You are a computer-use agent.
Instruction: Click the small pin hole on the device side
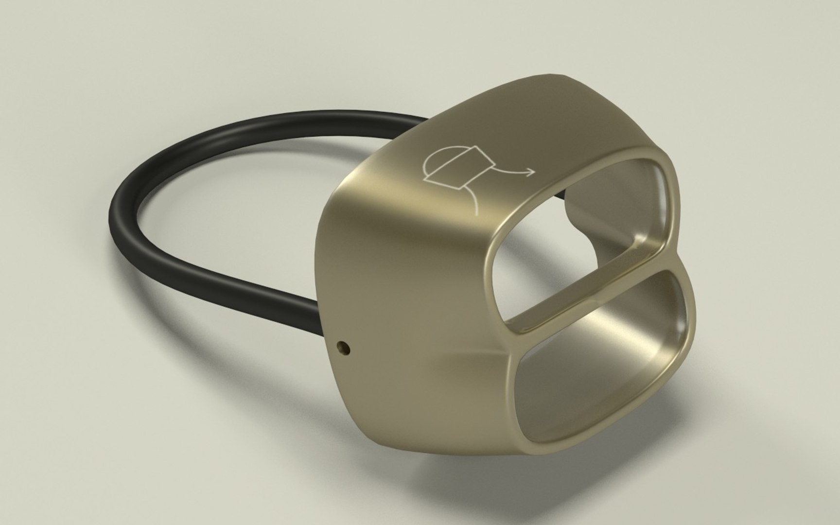click(x=344, y=347)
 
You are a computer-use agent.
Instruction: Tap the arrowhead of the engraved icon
click(x=531, y=171)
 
